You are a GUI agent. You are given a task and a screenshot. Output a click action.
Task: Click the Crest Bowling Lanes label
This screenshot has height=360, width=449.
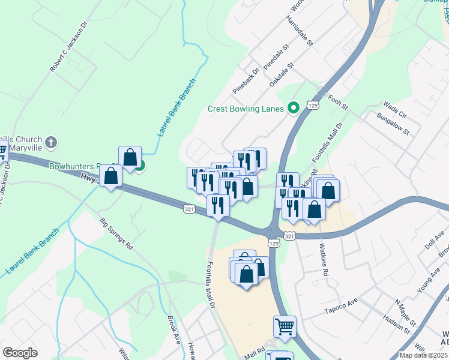coord(246,109)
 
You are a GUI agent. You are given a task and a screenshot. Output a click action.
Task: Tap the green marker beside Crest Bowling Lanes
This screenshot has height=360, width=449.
coord(294,108)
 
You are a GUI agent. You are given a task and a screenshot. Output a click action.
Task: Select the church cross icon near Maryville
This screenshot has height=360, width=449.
coord(52,143)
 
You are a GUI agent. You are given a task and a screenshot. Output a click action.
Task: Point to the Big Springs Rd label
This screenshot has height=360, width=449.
coord(116,233)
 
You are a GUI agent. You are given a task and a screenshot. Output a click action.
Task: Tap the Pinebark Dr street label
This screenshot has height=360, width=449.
coord(246,81)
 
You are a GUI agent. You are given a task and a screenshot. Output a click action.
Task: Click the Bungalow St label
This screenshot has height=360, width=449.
coord(393,122)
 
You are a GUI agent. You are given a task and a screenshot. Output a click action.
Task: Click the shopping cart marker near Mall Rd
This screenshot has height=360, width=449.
coord(285,326)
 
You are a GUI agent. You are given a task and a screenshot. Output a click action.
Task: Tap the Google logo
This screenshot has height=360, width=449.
coord(20,353)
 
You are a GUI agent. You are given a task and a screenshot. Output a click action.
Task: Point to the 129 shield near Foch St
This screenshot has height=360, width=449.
coord(312,105)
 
